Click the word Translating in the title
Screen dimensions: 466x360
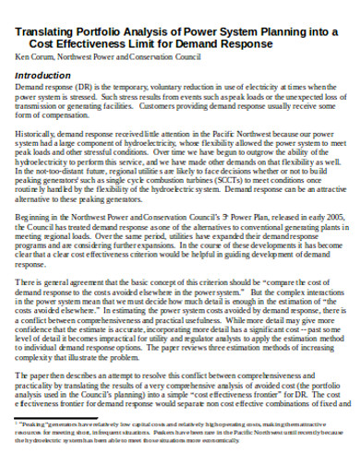coord(43,30)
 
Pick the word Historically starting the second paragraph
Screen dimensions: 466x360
coord(38,135)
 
